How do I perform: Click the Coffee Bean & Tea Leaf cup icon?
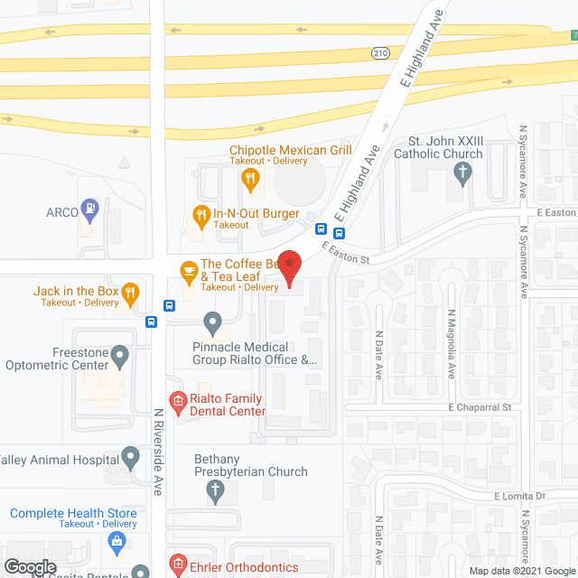click(188, 269)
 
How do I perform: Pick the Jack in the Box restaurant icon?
click(131, 291)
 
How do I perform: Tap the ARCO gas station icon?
click(89, 210)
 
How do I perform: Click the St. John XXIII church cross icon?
click(463, 173)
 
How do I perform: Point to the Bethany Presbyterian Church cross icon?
click(215, 490)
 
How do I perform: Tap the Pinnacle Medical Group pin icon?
click(212, 322)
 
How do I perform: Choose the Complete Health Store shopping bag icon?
click(117, 542)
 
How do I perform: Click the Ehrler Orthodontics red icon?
click(178, 567)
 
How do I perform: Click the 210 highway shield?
click(380, 54)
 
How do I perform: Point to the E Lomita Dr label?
click(521, 497)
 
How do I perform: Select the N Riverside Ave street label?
click(157, 452)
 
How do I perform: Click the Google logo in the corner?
click(30, 567)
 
